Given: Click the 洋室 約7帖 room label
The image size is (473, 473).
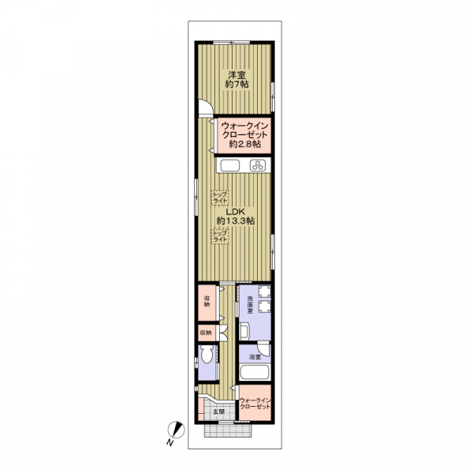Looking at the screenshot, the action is tap(236, 80).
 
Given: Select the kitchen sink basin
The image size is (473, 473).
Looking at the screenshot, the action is tap(230, 166).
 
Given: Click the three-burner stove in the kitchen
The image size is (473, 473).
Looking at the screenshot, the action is tap(258, 166).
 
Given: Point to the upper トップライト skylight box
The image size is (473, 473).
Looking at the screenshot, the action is tap(220, 198).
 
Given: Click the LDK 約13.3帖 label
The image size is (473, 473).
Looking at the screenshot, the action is tap(236, 216).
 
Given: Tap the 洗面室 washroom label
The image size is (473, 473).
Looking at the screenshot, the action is tap(250, 304).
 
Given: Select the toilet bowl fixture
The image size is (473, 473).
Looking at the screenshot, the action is tap(207, 355).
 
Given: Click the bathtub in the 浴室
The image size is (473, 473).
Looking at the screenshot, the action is tap(255, 373).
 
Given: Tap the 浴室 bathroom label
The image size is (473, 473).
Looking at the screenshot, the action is tap(255, 357).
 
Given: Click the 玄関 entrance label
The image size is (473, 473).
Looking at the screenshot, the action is tap(218, 412).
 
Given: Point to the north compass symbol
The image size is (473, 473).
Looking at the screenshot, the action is tap(177, 430).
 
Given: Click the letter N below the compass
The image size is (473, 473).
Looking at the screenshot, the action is tap(169, 442).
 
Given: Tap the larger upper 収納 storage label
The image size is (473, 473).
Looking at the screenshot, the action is tap(207, 301).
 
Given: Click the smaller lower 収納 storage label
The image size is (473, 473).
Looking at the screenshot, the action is tap(206, 333).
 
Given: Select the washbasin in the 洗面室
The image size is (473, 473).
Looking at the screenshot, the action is tap(244, 331).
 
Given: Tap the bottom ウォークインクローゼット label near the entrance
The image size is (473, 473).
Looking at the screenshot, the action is tap(255, 404).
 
